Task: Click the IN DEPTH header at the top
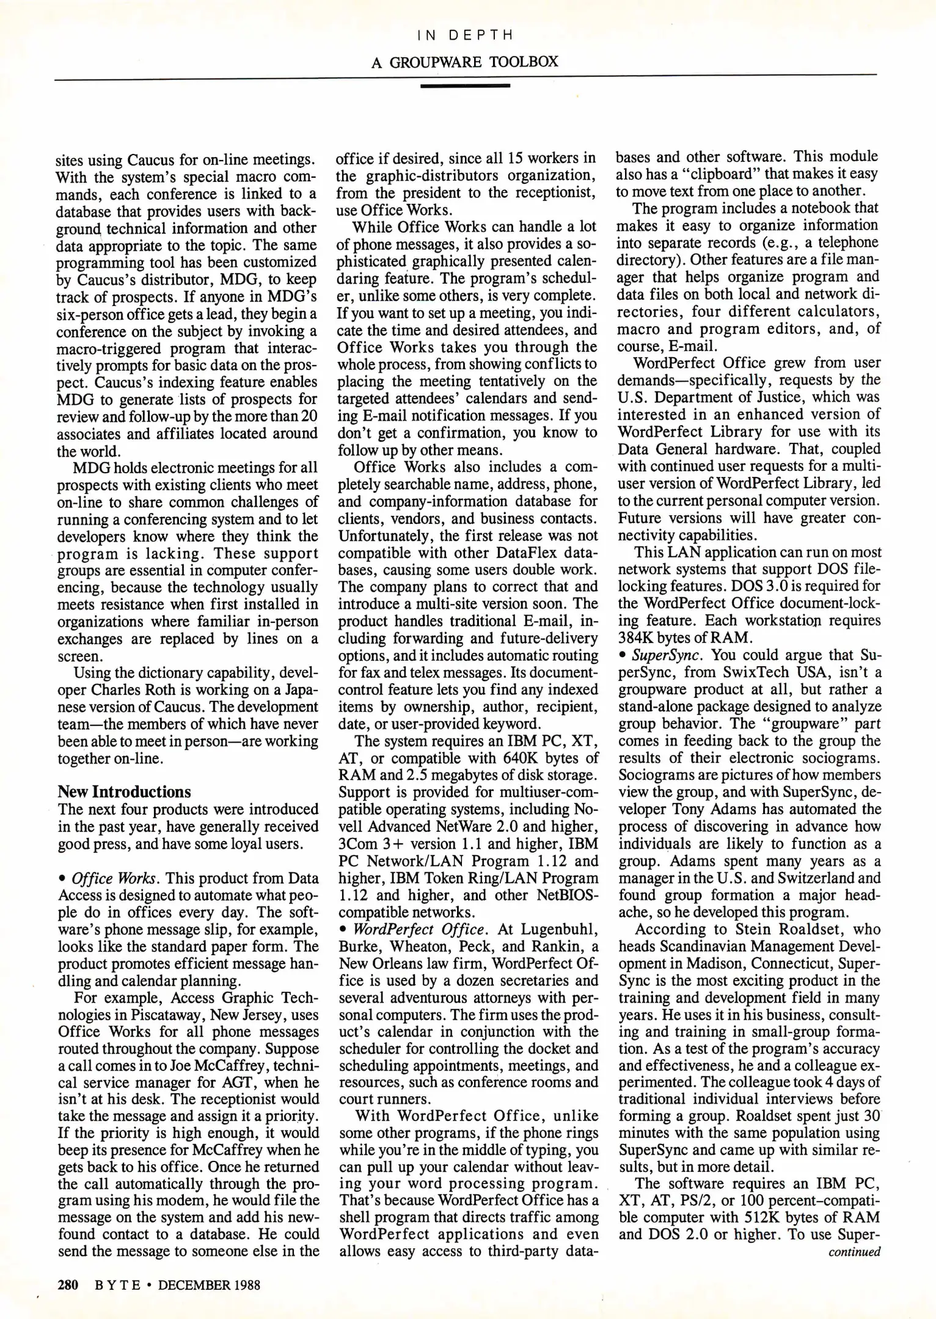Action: [465, 35]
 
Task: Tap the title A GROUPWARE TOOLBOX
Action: [465, 62]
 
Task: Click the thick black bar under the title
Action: [465, 86]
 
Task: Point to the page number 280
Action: [68, 1285]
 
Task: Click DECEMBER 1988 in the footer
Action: [209, 1285]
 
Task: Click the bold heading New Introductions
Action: [124, 792]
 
